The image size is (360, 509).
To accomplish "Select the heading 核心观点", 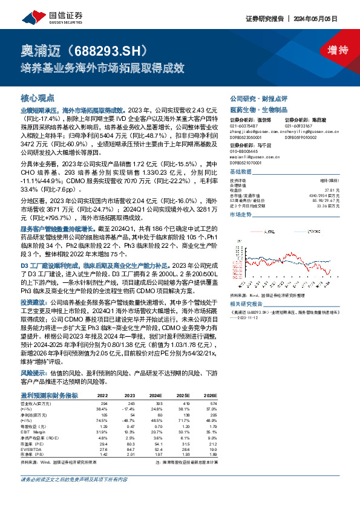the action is click(38, 97).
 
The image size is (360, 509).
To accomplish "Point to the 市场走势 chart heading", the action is click(241, 214).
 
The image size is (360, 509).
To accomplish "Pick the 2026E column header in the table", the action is click(211, 395).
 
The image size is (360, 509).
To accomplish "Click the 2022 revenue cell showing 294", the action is click(103, 402).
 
